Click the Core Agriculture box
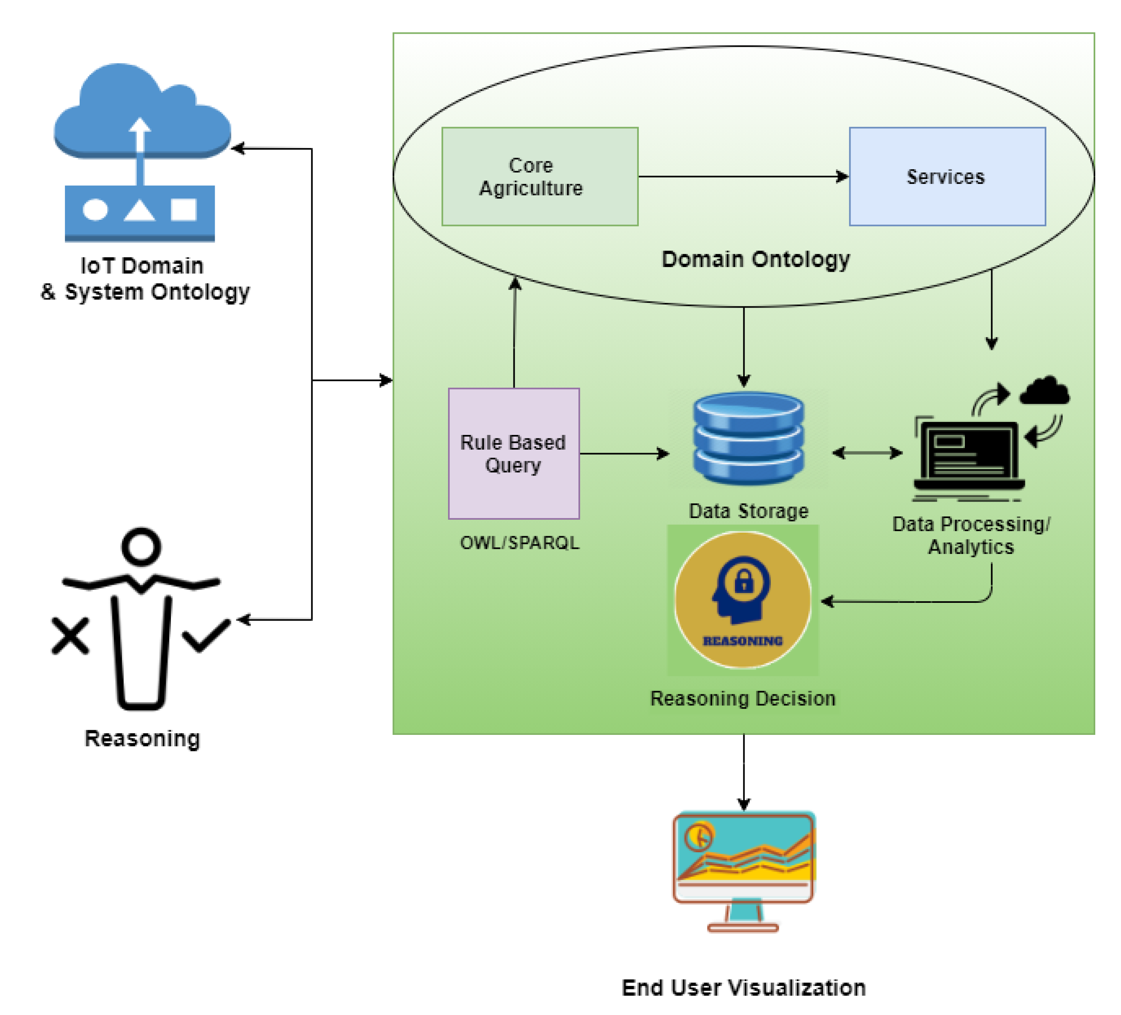coord(539,176)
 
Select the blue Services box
coord(947,176)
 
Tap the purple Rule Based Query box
coord(514,453)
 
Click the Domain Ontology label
coord(755,259)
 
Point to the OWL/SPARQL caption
coord(519,543)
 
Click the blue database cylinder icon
coord(748,438)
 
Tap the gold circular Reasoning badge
coord(742,600)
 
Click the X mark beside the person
coord(70,636)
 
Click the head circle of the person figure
coord(141,546)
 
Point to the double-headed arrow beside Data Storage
coord(867,453)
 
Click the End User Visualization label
coord(743,988)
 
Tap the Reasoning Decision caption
coord(742,698)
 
